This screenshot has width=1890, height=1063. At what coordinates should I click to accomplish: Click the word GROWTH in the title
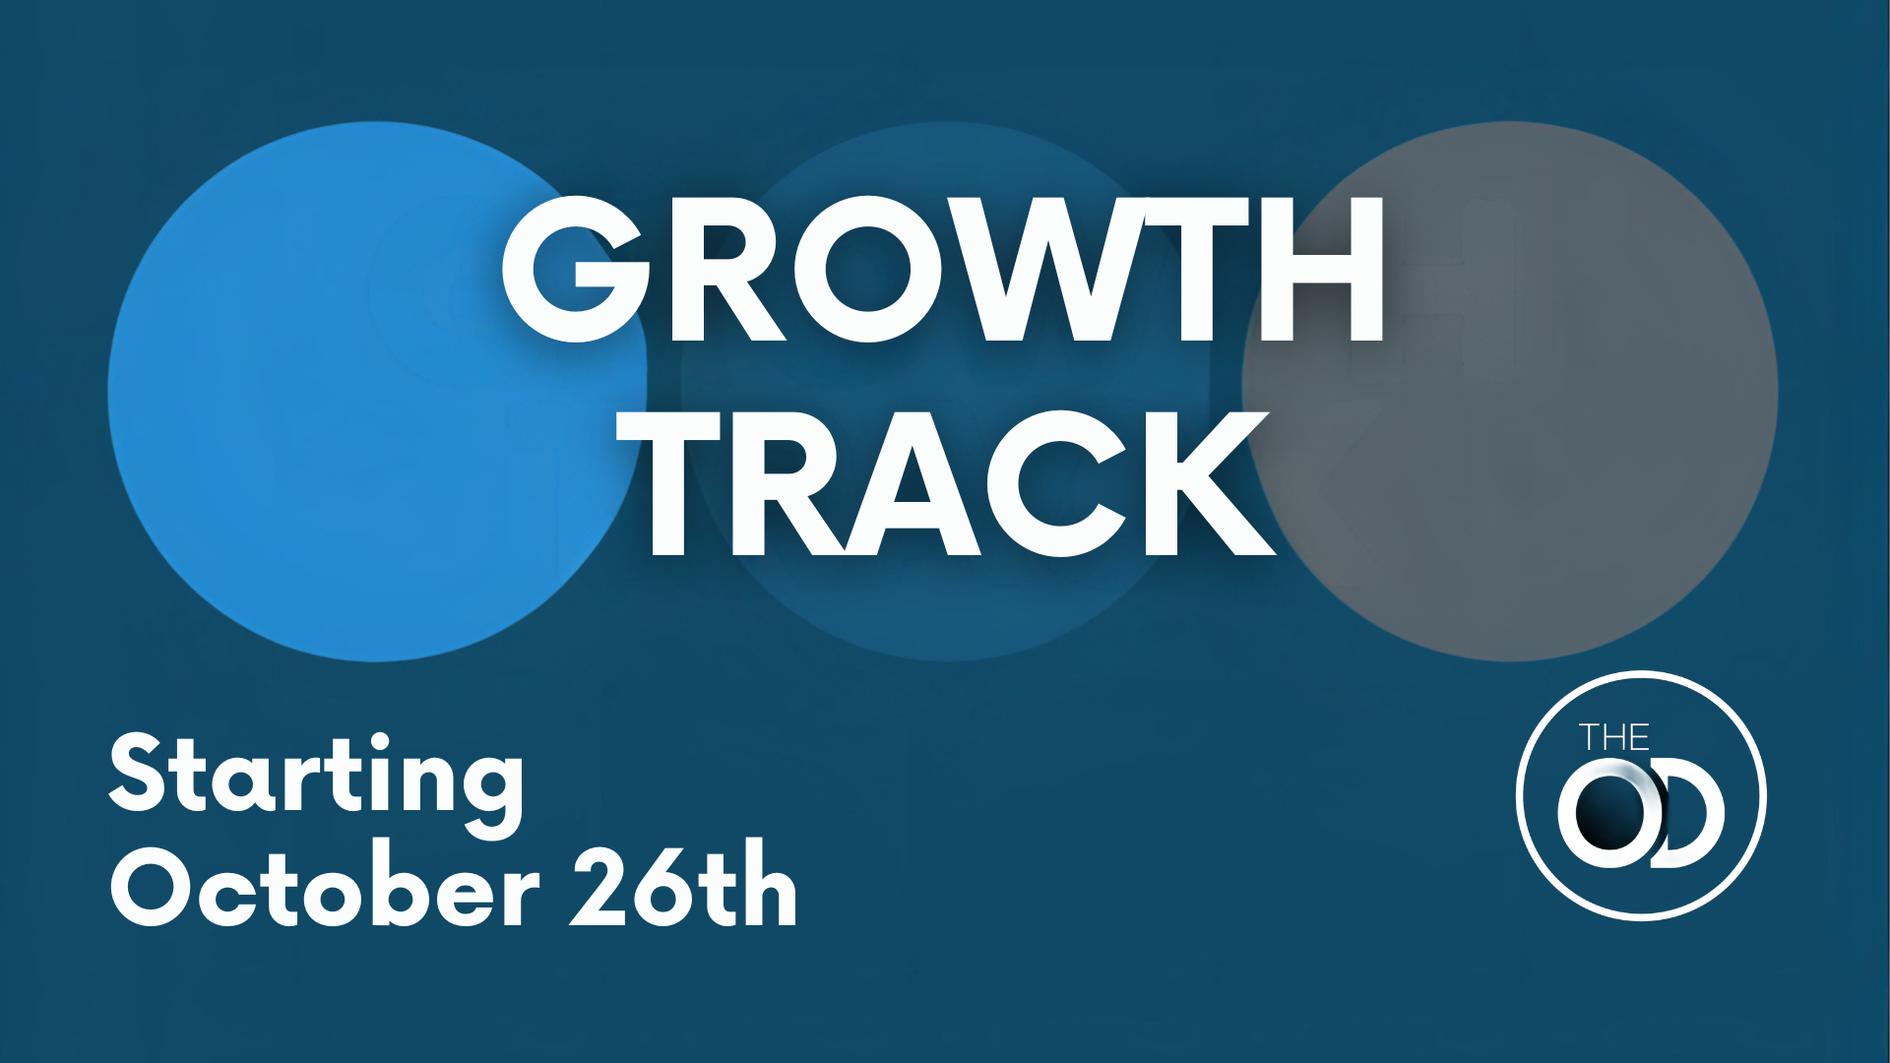[x=943, y=269]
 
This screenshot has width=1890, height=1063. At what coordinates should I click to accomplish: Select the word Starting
[x=316, y=782]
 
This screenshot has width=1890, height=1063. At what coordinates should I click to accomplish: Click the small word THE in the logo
[x=1614, y=738]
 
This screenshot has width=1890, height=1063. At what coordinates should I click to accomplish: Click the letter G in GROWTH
[x=576, y=269]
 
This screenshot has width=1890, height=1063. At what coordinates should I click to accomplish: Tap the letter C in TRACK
[x=1055, y=483]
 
